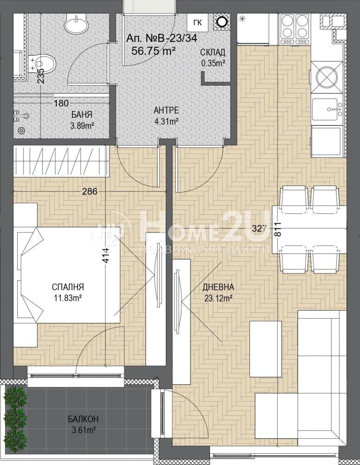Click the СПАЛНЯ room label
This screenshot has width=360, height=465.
click(x=68, y=287)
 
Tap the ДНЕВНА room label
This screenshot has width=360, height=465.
click(x=218, y=287)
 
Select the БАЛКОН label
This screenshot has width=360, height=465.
click(x=83, y=419)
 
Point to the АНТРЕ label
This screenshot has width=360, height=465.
click(x=166, y=110)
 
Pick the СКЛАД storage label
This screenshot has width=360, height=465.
click(x=213, y=53)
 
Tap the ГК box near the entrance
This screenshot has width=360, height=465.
click(x=197, y=22)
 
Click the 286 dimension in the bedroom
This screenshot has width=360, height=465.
click(x=90, y=192)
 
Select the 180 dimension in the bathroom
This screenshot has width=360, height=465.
click(x=61, y=103)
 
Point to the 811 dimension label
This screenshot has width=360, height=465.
click(x=279, y=229)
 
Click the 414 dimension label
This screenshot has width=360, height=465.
click(x=107, y=255)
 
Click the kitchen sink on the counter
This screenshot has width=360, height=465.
click(x=327, y=110)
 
